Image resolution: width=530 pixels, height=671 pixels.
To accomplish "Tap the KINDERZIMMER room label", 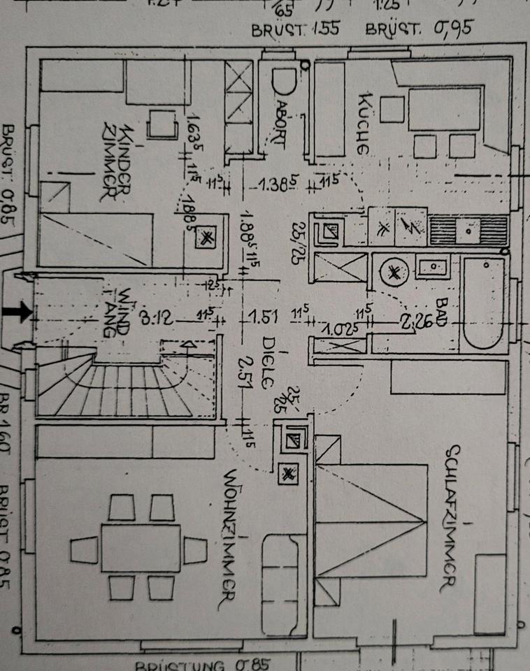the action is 117,164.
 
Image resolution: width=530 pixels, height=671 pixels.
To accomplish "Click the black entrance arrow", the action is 22,312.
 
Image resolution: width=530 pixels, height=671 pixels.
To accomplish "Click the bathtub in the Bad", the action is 484,304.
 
